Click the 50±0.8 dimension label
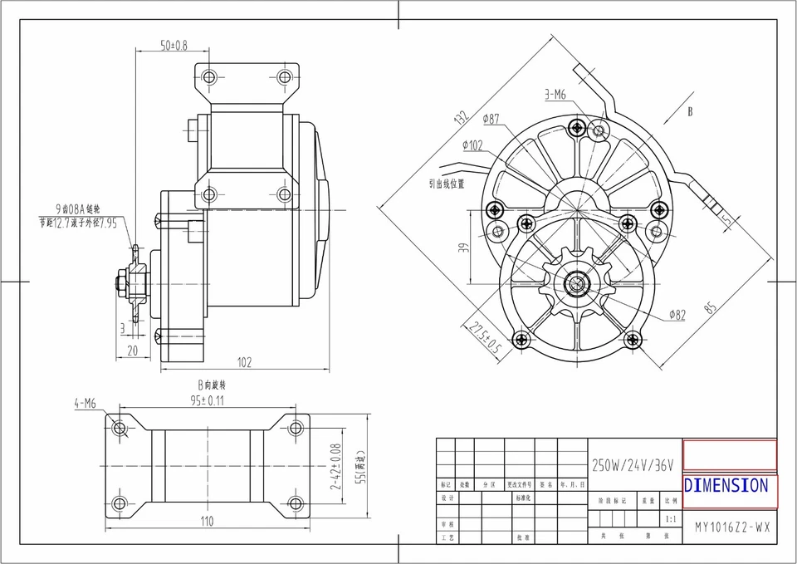(174, 45)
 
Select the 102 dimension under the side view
(244, 362)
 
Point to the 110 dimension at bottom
(207, 521)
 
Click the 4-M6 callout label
(85, 404)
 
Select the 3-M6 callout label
(555, 95)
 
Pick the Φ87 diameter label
(490, 120)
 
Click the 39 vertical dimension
(464, 247)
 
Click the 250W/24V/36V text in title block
(634, 463)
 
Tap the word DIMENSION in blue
(726, 485)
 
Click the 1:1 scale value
(670, 517)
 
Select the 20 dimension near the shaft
(132, 350)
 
